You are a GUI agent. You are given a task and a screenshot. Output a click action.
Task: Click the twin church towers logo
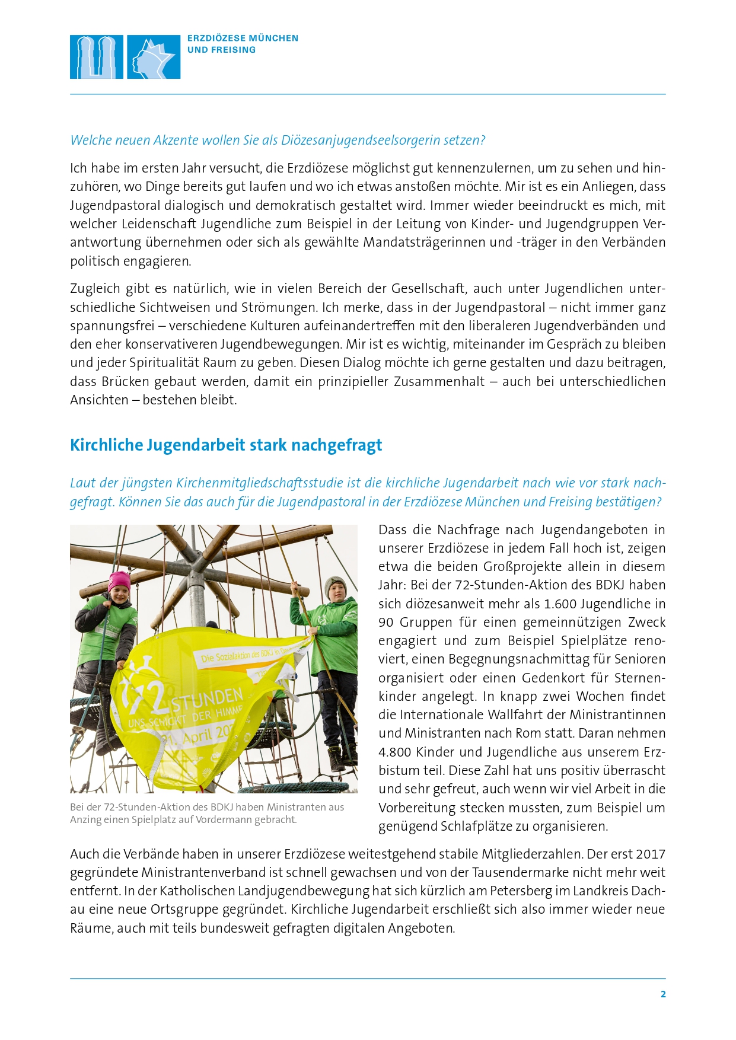click(x=97, y=57)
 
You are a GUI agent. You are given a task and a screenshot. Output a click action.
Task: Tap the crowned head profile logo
click(x=154, y=57)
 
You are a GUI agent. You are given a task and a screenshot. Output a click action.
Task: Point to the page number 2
click(x=663, y=994)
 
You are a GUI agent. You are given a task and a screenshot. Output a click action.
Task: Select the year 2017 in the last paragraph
click(x=651, y=854)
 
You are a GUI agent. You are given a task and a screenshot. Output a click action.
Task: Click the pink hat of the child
click(x=119, y=580)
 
